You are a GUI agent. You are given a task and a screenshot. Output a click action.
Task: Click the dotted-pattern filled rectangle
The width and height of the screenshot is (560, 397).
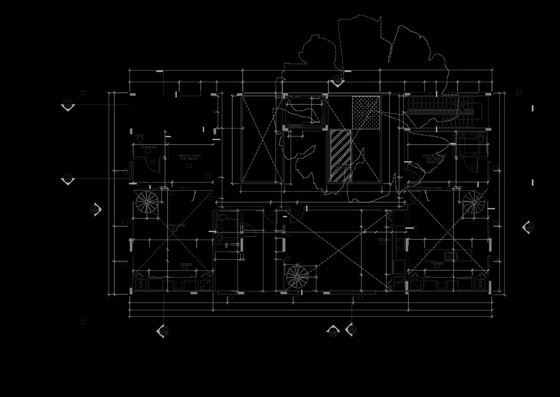[366, 112]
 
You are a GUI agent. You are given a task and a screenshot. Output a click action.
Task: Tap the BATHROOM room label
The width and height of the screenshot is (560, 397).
[149, 147]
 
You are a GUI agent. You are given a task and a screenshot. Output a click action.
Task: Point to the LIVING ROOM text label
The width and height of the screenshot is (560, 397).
[176, 226]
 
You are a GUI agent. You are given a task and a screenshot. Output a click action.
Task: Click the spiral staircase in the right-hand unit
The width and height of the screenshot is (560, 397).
[474, 202]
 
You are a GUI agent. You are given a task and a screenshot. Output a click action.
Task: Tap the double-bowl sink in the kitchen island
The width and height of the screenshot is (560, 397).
[451, 256]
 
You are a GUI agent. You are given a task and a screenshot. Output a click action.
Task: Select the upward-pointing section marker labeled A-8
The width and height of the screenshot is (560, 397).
[333, 331]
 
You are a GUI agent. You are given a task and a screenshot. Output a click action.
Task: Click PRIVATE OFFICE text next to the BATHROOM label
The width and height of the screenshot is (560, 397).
[189, 157]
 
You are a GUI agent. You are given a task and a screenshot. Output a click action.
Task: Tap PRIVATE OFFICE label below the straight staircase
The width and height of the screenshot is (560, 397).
[434, 158]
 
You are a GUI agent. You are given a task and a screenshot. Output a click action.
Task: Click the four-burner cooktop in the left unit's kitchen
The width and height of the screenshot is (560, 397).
[180, 285]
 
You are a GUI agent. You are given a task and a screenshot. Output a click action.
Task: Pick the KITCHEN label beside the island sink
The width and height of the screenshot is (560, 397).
[437, 264]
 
